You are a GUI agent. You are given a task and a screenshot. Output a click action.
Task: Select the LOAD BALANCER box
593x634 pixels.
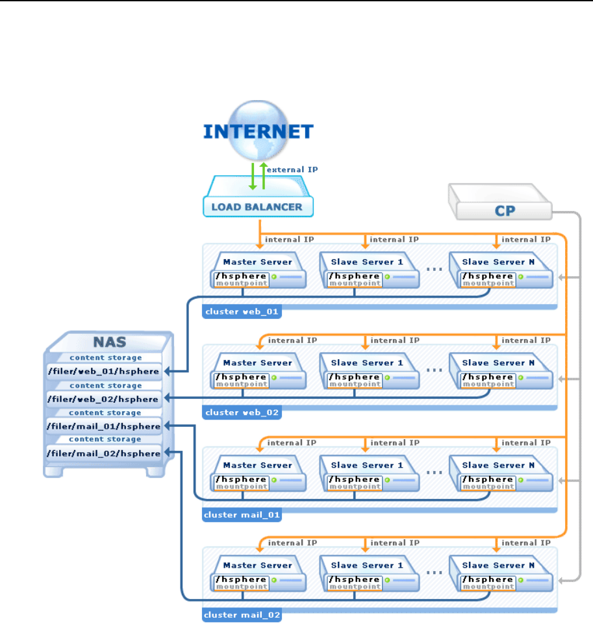[x=259, y=207]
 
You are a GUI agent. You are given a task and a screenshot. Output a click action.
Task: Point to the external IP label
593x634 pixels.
[x=292, y=169]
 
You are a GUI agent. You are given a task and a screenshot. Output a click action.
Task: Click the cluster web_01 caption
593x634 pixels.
[x=241, y=312]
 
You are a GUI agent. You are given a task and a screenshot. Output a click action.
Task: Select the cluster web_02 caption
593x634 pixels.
[x=241, y=412]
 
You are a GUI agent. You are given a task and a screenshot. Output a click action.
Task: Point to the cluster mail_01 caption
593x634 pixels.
[x=241, y=515]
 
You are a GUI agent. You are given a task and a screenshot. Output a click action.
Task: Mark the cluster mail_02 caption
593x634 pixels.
[x=241, y=615]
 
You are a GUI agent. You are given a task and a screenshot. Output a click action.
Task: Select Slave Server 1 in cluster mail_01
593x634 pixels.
[x=367, y=465]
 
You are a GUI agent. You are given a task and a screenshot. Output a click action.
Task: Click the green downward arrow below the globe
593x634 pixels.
[x=253, y=177]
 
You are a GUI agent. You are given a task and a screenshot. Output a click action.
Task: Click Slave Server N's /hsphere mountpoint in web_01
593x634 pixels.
[x=487, y=280]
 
